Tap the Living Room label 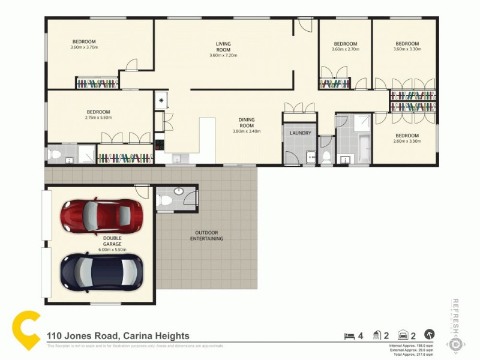223,47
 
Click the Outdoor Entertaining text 206,236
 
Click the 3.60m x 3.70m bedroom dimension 83,47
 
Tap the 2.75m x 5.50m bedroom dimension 98,118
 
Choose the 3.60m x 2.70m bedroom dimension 345,49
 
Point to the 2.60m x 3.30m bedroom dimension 407,142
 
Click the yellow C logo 27,332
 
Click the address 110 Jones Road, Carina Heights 118,336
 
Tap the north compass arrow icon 429,335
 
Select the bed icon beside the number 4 347,335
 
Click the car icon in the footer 403,335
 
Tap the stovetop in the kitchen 159,145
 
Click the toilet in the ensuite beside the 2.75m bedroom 55,155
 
